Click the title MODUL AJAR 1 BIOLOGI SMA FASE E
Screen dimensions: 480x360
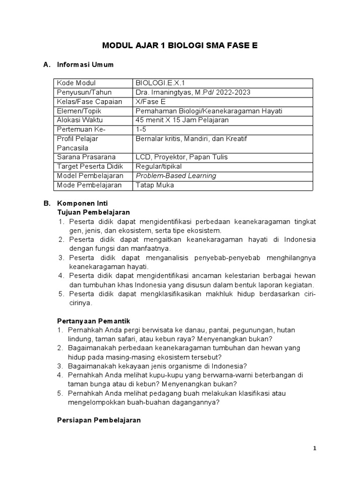[180, 45]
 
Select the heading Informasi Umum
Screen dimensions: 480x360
[85, 65]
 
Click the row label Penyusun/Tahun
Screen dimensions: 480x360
[84, 92]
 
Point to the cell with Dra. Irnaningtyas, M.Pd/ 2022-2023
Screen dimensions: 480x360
[193, 92]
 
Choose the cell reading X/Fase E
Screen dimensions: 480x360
[150, 102]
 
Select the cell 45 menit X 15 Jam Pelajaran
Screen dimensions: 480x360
[182, 120]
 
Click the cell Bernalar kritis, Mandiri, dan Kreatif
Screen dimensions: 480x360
[191, 139]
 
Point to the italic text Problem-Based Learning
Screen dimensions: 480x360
[176, 176]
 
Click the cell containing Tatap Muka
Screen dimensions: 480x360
[154, 185]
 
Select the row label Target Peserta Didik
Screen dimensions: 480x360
[86, 166]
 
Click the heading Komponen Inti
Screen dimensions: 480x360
[82, 203]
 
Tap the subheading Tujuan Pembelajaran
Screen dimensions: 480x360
[93, 212]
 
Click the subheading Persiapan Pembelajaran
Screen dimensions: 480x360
[99, 420]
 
